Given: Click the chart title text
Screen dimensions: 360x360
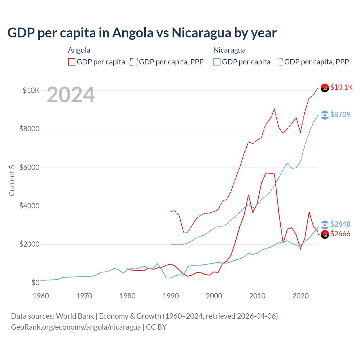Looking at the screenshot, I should (x=142, y=33).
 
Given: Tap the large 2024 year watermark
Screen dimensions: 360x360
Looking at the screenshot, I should (x=71, y=95).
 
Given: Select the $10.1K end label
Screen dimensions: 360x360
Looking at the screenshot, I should (x=341, y=87).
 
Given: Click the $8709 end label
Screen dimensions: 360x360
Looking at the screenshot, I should (x=340, y=114).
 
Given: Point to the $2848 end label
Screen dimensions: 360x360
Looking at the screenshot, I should (x=340, y=224).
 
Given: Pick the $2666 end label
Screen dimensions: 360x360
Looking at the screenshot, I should (x=340, y=234).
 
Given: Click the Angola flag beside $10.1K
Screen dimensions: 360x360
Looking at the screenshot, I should (x=325, y=88).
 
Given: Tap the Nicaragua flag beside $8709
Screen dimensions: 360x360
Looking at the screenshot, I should (x=325, y=115).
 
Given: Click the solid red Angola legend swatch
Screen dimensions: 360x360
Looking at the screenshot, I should (x=72, y=62).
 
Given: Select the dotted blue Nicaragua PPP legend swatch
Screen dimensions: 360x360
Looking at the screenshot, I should (x=279, y=62).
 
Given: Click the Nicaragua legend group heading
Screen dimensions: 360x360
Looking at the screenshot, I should (x=229, y=50).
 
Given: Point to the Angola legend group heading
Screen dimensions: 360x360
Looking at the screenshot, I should (x=79, y=50).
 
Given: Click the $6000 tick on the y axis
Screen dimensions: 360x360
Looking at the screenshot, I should (x=29, y=167).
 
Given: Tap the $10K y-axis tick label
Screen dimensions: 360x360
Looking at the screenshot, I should (x=31, y=90).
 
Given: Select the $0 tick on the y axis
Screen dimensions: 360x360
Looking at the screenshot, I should (x=35, y=283).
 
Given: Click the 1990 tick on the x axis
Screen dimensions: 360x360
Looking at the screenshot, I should (x=171, y=296).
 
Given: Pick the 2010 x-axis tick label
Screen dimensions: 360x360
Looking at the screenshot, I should (x=257, y=296).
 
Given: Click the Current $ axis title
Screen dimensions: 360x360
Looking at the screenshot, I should (x=12, y=180).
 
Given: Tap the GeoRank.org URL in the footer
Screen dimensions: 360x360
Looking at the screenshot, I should (x=76, y=327).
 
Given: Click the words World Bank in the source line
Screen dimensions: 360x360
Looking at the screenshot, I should (x=75, y=316).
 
